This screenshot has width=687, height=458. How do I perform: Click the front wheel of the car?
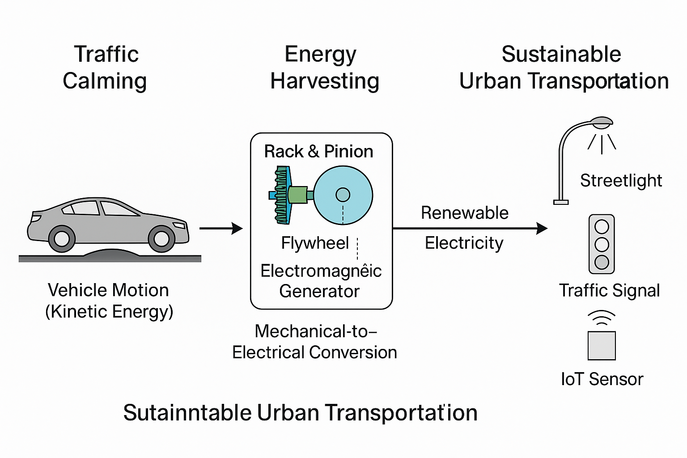pos(161,238)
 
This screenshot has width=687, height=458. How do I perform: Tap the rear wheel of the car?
pos(61,238)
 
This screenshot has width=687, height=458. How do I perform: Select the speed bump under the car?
pos(112,254)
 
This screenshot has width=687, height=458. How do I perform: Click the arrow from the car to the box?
pos(221,229)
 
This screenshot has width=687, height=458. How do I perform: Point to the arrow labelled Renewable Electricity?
pos(470,229)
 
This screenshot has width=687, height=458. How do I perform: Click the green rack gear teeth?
pos(281,195)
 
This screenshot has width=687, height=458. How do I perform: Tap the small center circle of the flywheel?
pos(343,195)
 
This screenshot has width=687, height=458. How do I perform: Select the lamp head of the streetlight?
pos(601,121)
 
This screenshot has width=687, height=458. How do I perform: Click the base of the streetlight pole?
pos(560,202)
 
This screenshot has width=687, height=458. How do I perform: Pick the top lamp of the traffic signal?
pos(602,227)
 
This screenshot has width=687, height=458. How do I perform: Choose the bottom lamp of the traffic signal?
pos(602,262)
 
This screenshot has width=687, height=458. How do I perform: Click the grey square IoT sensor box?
pos(602,345)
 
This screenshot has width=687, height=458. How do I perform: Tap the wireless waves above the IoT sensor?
pos(602,318)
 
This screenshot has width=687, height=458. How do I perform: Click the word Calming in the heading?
pos(105,81)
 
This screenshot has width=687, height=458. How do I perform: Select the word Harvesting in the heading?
pos(325,81)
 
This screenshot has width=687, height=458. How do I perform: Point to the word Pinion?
pos(348,152)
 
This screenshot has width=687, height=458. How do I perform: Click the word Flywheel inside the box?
pos(315,243)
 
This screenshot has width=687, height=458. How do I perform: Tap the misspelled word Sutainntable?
pos(187,412)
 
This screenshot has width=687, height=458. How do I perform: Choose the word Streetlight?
pos(621,181)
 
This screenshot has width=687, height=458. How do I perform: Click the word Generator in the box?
pos(319,291)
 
